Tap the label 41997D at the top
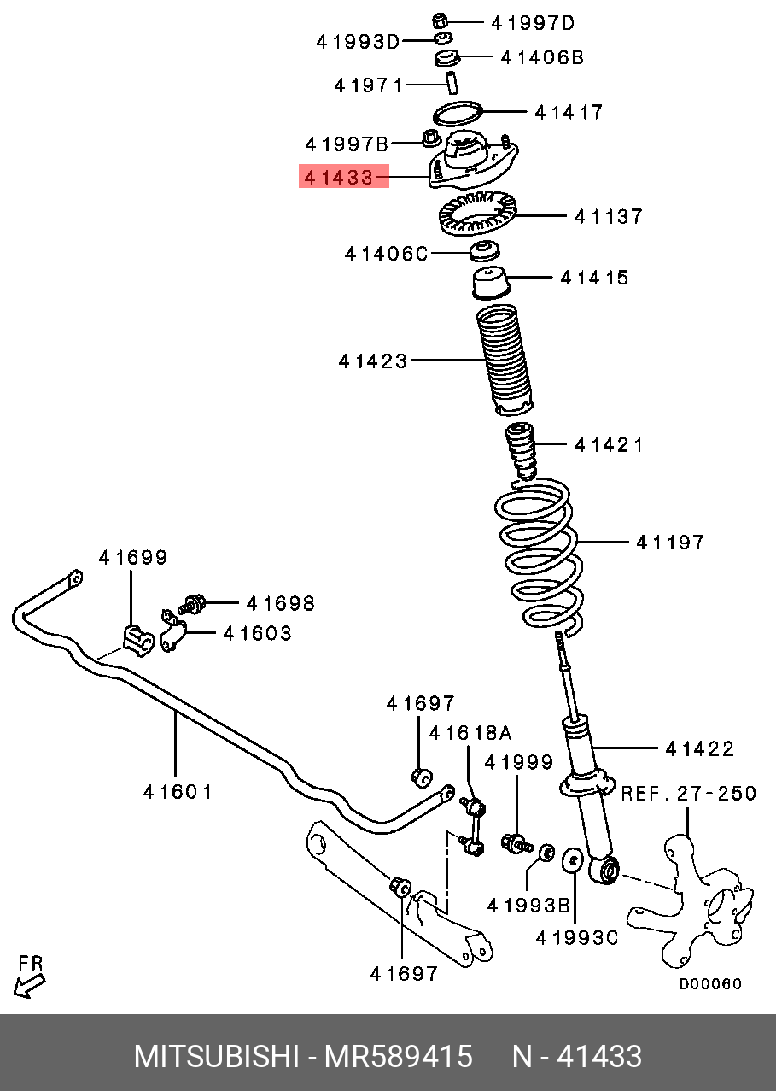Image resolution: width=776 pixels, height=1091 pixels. coord(534,22)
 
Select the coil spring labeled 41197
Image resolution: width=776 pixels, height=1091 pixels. coord(540,555)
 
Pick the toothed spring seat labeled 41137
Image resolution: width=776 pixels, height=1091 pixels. coord(479,217)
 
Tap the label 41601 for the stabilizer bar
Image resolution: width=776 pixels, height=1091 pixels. coord(178,791)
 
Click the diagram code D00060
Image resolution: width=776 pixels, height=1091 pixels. coord(710,984)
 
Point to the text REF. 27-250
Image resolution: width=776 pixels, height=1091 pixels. coord(688,793)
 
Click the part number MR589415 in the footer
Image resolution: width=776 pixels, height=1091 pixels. coord(398,1057)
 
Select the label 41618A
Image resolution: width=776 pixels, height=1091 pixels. coord(470,733)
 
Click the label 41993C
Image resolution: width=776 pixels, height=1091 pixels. coord(576,937)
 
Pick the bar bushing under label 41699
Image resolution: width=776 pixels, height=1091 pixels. coord(134,638)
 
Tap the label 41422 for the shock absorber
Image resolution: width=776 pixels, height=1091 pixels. coord(699,748)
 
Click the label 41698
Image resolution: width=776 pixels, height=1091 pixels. coord(280,603)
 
